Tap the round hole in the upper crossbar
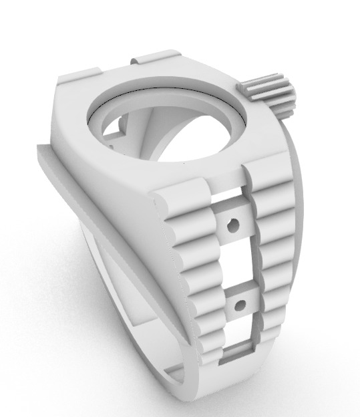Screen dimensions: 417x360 point(232,226)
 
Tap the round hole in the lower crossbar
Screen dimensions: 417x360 point(237,307)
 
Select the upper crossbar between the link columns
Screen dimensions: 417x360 point(232,225)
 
